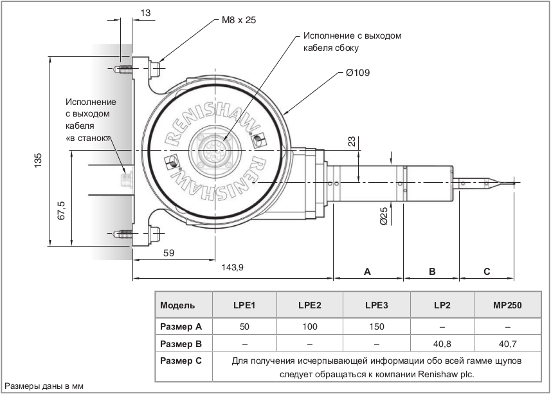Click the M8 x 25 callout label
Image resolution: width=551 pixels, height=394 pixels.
[239, 20]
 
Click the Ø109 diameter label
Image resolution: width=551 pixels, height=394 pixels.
[357, 73]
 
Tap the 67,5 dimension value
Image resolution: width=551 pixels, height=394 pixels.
[61, 211]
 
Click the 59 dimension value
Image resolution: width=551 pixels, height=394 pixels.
[168, 254]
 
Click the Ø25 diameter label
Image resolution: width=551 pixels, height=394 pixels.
[384, 216]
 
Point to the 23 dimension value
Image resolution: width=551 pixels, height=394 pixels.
[350, 142]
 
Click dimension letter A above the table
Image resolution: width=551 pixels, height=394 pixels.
[367, 272]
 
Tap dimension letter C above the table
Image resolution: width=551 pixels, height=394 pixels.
[487, 272]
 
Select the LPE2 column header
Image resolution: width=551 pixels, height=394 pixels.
[310, 305]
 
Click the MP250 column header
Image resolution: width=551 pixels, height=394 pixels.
[507, 305]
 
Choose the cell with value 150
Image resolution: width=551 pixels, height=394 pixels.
[375, 326]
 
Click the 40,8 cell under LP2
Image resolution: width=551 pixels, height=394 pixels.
[441, 343]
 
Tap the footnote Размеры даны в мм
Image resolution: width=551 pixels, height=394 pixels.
[44, 386]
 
